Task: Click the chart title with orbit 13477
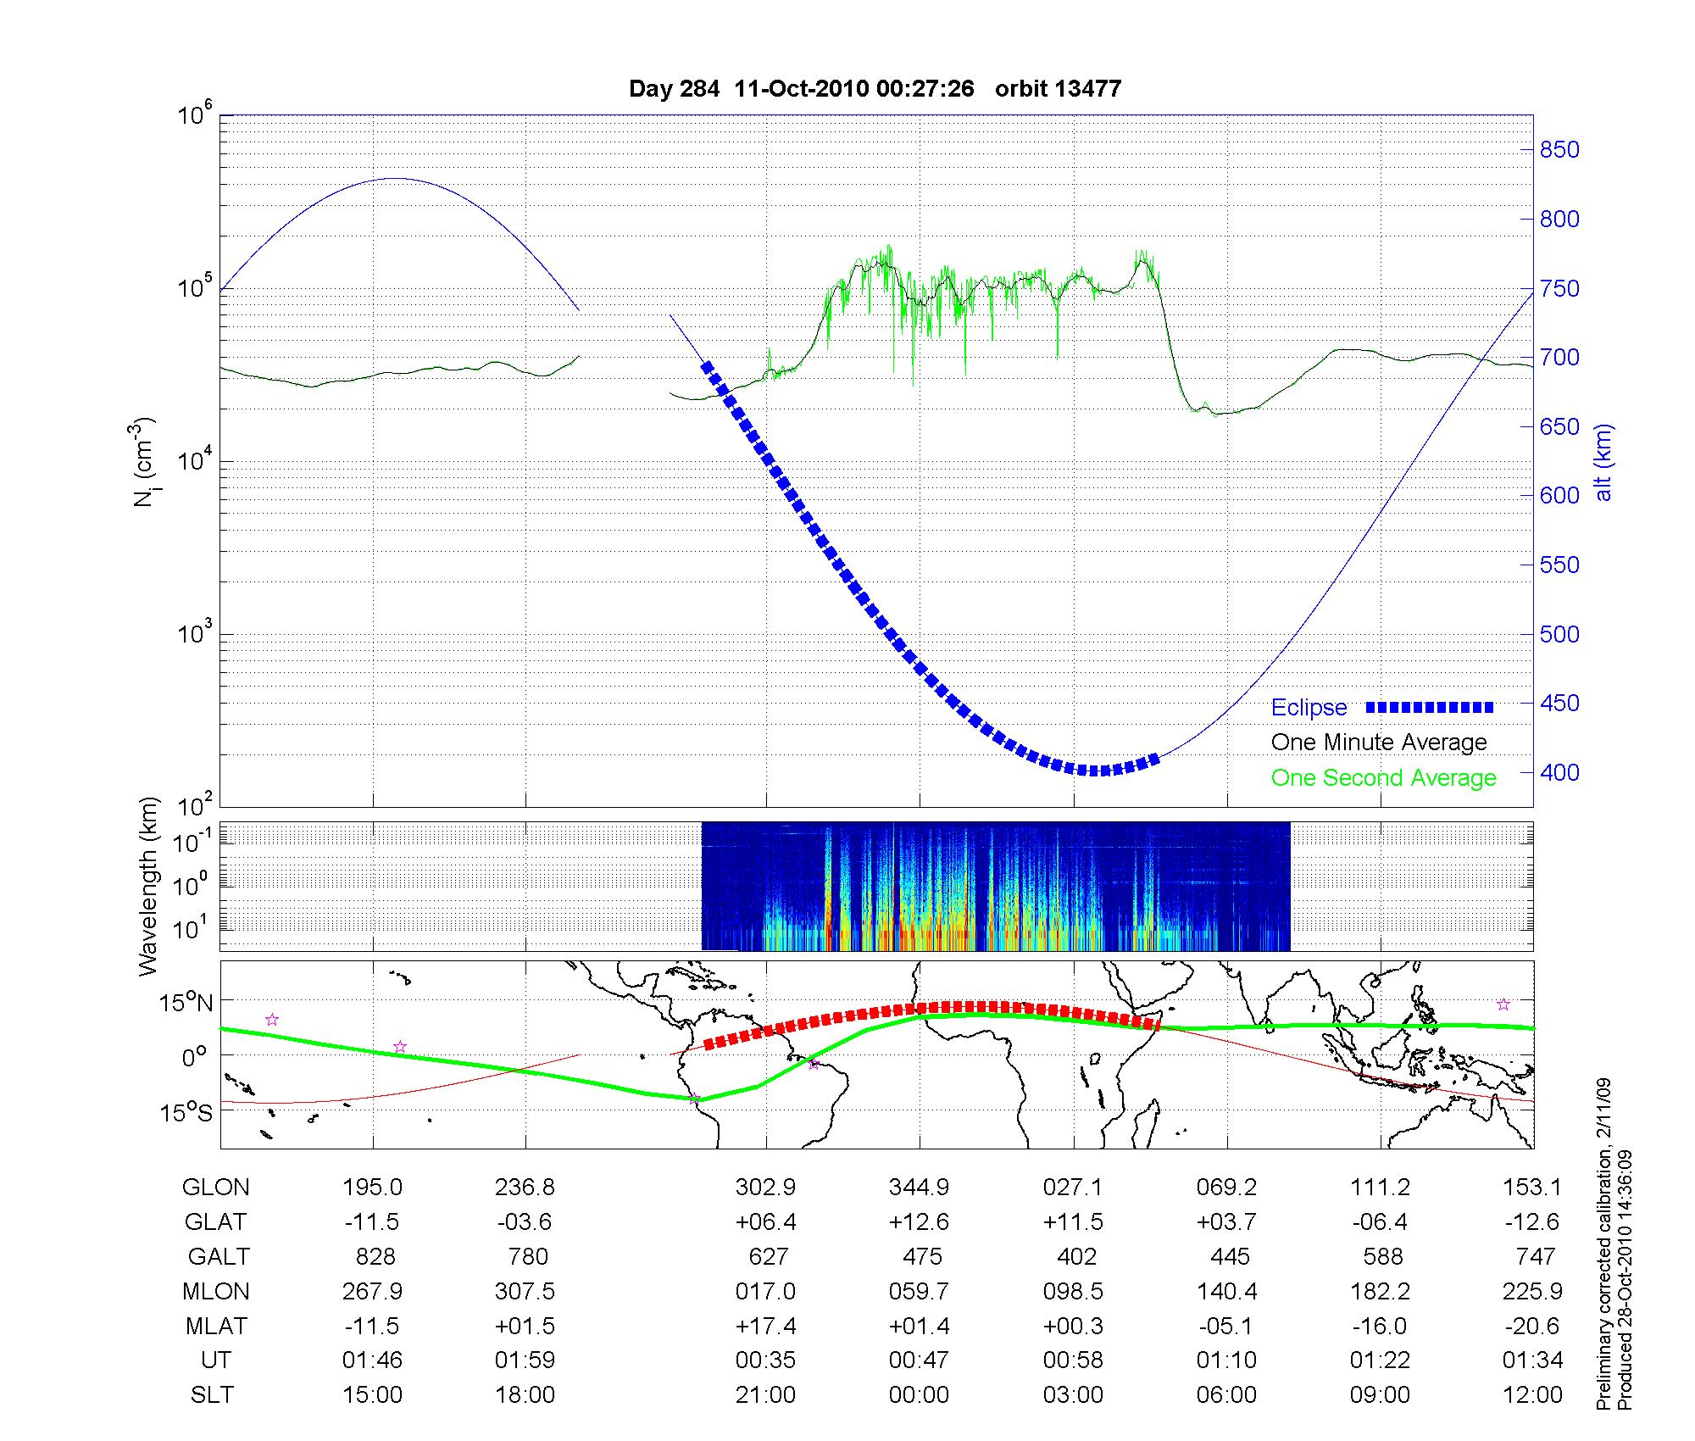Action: pyautogui.click(x=875, y=88)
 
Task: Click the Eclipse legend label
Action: pyautogui.click(x=1309, y=708)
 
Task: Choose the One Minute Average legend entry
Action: pyautogui.click(x=1379, y=743)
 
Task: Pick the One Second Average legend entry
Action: pyautogui.click(x=1383, y=777)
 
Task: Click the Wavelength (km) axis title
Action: pyautogui.click(x=149, y=886)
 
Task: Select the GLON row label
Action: pyautogui.click(x=215, y=1187)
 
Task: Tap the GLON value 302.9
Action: pyautogui.click(x=765, y=1187)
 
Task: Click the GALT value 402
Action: pyautogui.click(x=1076, y=1256)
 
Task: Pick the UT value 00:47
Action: pyautogui.click(x=919, y=1360)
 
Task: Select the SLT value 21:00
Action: pyautogui.click(x=765, y=1394)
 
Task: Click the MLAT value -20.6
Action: pyautogui.click(x=1531, y=1326)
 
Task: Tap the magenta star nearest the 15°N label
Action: pyautogui.click(x=272, y=1020)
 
